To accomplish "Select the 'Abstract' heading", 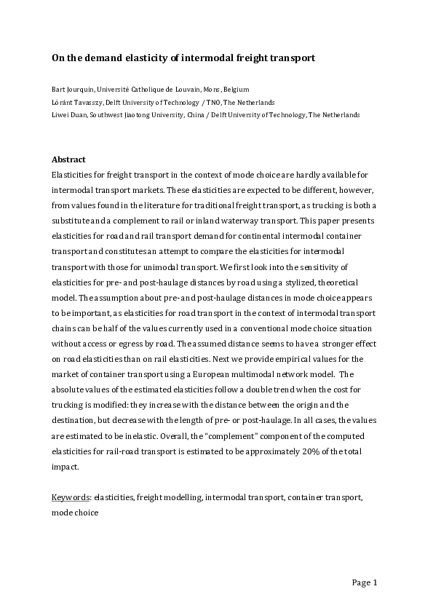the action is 69,159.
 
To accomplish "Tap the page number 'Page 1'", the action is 365,582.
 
